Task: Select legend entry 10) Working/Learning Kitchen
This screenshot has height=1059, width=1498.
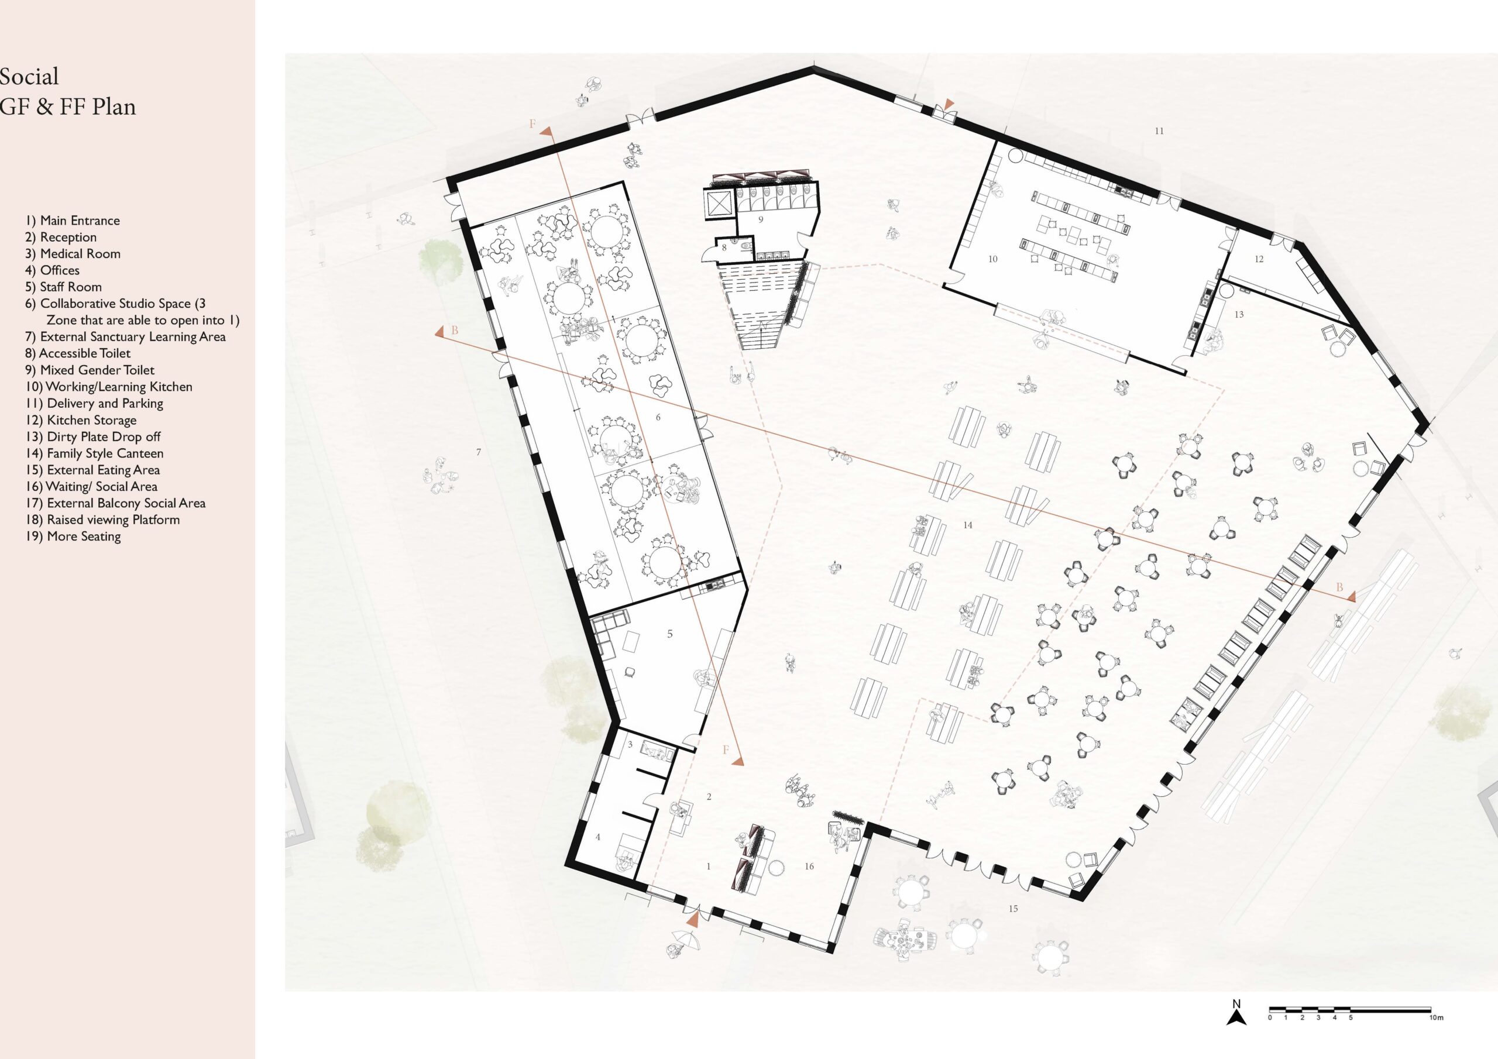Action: click(109, 387)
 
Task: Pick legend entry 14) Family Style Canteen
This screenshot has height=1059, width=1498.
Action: click(95, 453)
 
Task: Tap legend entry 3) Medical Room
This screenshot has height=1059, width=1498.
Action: click(73, 254)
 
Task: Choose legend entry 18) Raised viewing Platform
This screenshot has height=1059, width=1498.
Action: click(102, 520)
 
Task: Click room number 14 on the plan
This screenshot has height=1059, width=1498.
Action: click(968, 525)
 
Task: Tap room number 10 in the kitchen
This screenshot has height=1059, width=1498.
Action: click(993, 259)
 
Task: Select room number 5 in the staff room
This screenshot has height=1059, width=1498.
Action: click(669, 634)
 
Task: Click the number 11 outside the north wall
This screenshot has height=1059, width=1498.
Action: click(1159, 131)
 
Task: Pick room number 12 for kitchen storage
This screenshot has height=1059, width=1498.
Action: click(1259, 259)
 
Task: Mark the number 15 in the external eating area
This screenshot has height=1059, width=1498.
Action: click(1013, 908)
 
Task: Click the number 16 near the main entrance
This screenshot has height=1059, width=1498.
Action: click(809, 867)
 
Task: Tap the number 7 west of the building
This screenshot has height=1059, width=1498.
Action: click(478, 452)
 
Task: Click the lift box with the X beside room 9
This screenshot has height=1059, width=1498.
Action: click(720, 205)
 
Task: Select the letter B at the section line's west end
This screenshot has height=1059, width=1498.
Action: click(455, 331)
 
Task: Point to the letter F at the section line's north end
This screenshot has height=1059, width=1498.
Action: click(532, 124)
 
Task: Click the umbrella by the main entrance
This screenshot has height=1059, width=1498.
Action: click(686, 940)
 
